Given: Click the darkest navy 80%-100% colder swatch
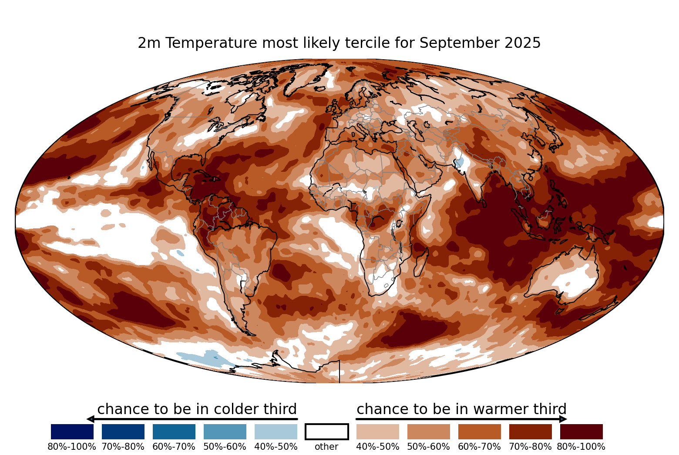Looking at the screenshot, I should click(72, 432).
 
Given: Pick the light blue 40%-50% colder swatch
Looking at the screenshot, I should click(276, 432).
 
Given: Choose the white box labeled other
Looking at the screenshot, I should click(327, 432).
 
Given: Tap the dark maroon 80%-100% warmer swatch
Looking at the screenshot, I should click(582, 432).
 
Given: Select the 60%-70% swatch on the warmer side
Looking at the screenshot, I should click(480, 432).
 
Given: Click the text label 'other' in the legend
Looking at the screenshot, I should click(326, 447).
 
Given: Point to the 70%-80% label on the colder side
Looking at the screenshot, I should click(123, 447).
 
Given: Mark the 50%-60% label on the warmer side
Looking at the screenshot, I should click(429, 447).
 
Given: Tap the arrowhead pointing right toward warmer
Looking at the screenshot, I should click(563, 419).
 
